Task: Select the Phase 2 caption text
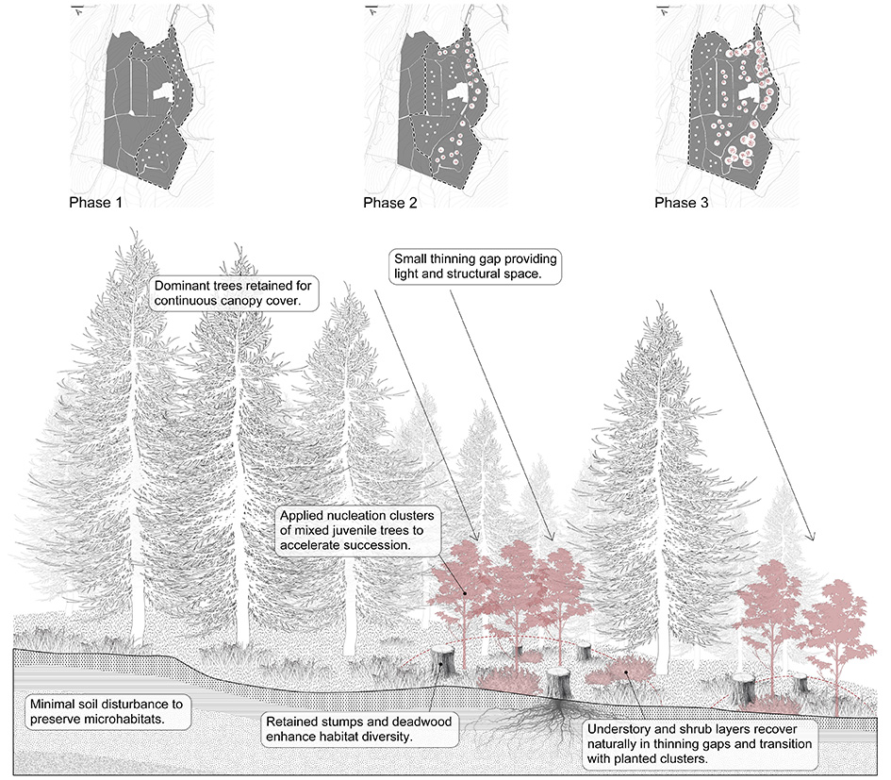click(x=390, y=203)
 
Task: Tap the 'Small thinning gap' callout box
click(x=476, y=266)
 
